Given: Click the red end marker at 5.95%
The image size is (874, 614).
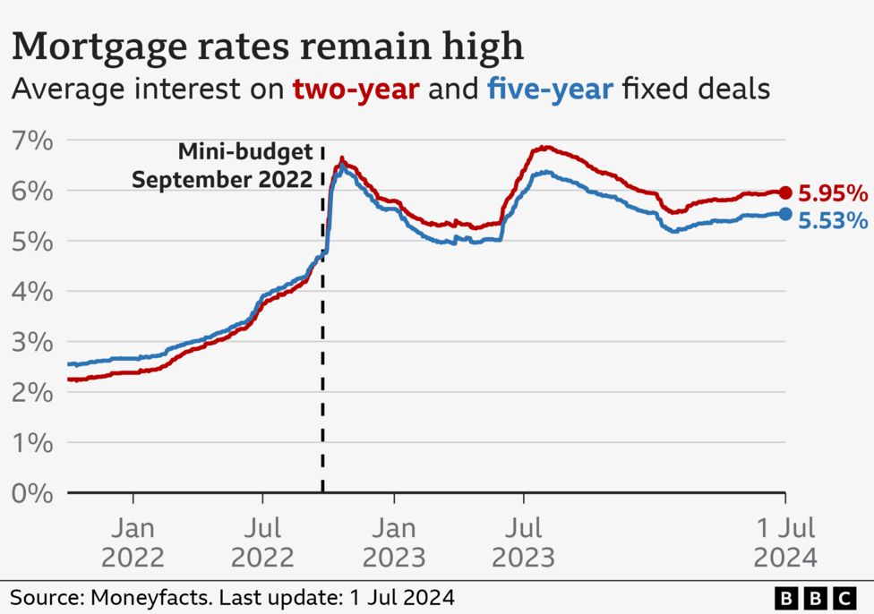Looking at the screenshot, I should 785,192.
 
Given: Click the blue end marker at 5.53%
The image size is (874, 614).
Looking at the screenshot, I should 785,214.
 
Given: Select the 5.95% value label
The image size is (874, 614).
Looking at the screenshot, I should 833,193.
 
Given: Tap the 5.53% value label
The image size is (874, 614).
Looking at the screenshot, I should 833,220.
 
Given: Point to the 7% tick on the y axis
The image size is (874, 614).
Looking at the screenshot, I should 32,141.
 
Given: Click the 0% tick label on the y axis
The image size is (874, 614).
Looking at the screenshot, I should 32,493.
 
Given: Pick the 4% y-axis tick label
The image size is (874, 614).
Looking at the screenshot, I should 32,292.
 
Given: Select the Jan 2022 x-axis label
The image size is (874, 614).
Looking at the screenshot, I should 133,542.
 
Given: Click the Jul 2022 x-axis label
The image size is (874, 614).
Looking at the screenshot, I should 262,542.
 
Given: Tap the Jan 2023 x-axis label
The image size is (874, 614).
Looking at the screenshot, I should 394,542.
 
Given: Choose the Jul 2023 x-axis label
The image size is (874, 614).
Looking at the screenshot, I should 523,542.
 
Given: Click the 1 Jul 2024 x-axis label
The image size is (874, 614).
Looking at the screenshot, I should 784,542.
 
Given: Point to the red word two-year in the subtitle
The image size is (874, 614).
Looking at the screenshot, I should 356,90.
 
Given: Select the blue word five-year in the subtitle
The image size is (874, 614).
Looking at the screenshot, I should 550,90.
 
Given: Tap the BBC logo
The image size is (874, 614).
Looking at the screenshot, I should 813,596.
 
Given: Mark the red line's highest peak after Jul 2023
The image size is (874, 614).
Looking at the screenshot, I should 544,148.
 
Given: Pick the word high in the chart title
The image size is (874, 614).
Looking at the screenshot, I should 481,47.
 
